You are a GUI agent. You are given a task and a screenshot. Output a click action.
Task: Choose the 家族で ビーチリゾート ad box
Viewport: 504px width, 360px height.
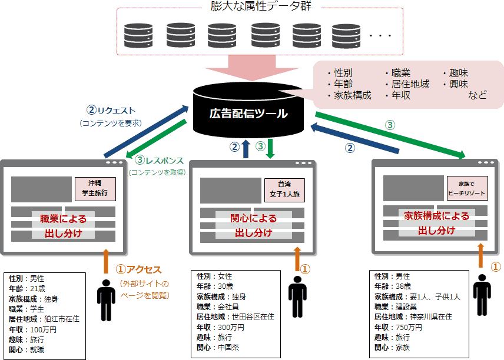point(468,188)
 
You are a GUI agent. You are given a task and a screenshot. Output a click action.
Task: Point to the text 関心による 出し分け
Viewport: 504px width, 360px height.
point(253,226)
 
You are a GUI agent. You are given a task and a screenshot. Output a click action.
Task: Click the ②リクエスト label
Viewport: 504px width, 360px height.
point(111,110)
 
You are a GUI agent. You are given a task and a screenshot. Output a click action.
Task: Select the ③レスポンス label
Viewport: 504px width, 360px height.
point(160,160)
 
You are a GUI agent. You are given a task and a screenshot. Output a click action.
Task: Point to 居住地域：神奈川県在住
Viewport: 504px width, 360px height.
point(413,316)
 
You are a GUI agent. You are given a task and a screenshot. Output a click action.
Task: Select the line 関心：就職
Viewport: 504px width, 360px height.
point(26,349)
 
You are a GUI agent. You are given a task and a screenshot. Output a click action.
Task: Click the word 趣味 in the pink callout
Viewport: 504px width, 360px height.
point(458,74)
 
